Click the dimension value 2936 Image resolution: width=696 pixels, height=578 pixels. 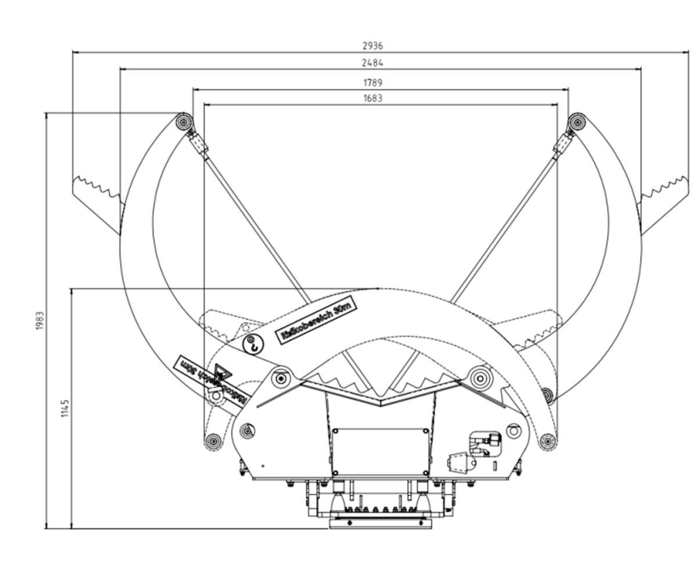[x=372, y=45]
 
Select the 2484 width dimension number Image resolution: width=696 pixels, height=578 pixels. [x=372, y=62]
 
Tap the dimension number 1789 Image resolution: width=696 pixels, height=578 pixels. [x=372, y=83]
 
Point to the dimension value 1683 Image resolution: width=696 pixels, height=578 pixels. [x=372, y=98]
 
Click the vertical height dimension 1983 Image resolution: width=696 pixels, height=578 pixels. [x=40, y=320]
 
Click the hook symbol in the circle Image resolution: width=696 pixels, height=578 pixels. [x=253, y=344]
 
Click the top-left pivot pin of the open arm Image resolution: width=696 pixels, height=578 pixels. [x=185, y=122]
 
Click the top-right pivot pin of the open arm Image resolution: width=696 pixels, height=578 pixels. [x=576, y=122]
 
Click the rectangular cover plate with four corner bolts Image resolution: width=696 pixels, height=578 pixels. [x=381, y=452]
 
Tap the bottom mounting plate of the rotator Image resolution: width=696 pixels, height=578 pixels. [x=381, y=523]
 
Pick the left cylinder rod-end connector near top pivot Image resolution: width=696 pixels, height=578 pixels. [x=198, y=142]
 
